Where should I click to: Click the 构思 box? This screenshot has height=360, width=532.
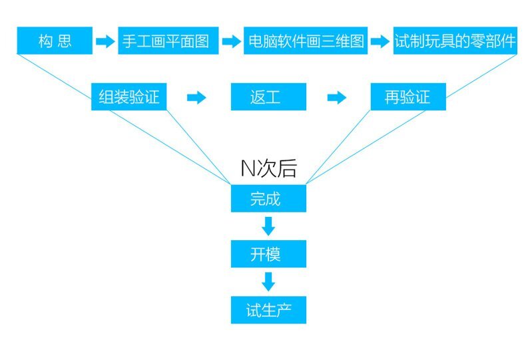[55, 41]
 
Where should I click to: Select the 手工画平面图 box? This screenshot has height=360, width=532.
[168, 41]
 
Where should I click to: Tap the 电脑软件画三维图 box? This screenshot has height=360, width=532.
[306, 41]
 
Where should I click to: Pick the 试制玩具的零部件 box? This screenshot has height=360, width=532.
[455, 41]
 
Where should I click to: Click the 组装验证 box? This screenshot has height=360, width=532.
[129, 96]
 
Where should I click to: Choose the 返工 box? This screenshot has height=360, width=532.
[269, 96]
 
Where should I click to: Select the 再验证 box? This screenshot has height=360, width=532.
[408, 96]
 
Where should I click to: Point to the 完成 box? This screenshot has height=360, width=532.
[269, 199]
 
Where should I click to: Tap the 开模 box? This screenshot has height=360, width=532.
[269, 254]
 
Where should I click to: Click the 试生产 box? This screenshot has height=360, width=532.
[269, 310]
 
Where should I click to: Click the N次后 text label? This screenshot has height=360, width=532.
[269, 168]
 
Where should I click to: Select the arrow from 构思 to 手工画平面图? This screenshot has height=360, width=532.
[105, 41]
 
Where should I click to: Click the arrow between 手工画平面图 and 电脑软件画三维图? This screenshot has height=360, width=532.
[232, 41]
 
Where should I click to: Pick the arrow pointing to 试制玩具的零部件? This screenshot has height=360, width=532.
[380, 41]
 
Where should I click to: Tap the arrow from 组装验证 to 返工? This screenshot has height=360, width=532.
[196, 98]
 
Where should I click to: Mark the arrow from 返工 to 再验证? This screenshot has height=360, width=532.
[336, 98]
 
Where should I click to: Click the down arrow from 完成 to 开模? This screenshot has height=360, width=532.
[268, 226]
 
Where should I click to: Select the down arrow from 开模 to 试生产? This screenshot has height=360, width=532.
[268, 281]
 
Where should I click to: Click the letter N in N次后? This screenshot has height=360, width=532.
[248, 168]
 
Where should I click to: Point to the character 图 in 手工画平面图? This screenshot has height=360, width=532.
[202, 41]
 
